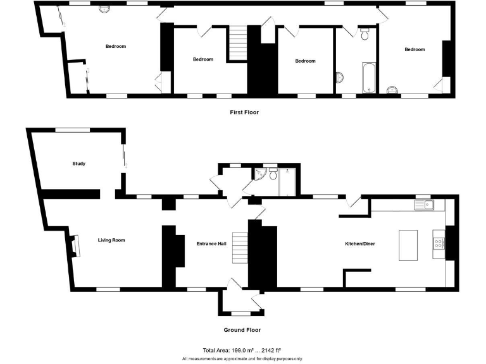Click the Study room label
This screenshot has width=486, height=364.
78,164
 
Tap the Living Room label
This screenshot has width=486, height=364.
111,240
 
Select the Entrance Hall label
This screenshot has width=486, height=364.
211,243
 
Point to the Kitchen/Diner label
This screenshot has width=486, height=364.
359,243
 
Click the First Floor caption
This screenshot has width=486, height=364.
244,112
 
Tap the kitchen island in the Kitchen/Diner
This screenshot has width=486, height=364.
409,245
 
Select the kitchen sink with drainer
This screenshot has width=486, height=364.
425,205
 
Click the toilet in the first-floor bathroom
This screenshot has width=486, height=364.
364,35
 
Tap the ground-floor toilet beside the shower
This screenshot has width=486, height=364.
273,172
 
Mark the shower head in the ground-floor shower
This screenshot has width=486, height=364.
287,171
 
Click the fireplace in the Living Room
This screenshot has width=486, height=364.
75,245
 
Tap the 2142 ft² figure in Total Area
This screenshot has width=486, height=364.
269,349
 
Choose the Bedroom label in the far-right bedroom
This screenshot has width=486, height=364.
414,49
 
